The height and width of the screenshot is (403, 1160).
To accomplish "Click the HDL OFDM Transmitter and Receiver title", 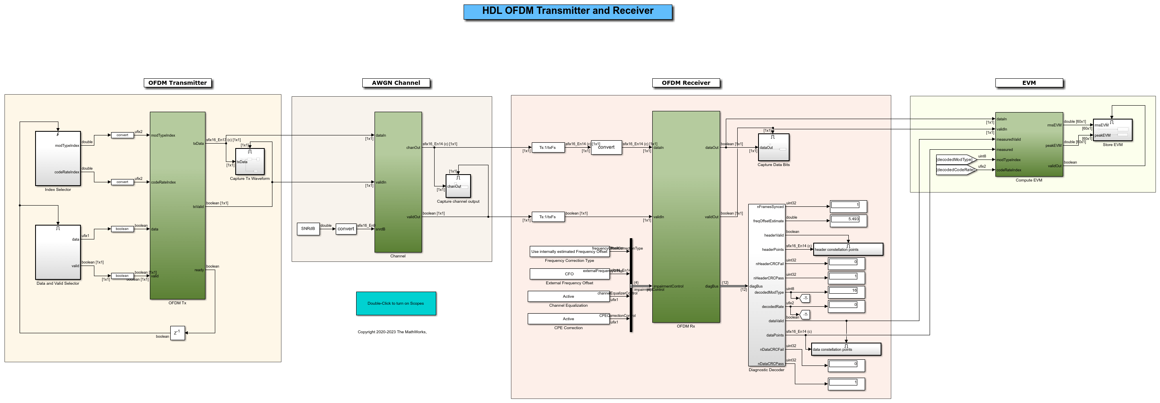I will click(567, 11).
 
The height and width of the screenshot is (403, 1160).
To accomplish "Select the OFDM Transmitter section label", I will click(177, 83).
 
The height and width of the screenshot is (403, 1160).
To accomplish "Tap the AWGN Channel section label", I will click(396, 83).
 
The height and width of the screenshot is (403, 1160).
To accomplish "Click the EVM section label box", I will click(1028, 83).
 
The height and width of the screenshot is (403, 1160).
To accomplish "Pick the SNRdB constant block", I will click(308, 228).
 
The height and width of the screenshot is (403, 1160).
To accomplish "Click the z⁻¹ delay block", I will click(177, 333).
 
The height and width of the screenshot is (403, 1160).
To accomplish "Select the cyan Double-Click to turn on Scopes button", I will click(396, 303).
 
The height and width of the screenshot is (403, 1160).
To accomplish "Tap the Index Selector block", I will click(58, 158).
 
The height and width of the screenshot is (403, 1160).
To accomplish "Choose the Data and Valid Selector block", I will click(58, 252).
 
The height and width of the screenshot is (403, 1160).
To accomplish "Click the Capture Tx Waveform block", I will click(250, 162).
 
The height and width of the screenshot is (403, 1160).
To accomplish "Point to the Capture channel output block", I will click(458, 186).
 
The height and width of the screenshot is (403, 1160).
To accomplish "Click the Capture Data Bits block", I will click(773, 147).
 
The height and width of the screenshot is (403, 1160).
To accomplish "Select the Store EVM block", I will click(1112, 130).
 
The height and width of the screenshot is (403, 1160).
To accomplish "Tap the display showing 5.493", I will click(848, 219).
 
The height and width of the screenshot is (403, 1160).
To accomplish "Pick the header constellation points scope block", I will click(848, 249).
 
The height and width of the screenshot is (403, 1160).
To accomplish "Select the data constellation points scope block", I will click(845, 349).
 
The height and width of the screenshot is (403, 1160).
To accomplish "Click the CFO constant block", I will click(569, 274).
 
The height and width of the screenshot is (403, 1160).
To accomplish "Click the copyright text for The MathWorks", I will click(392, 332).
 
